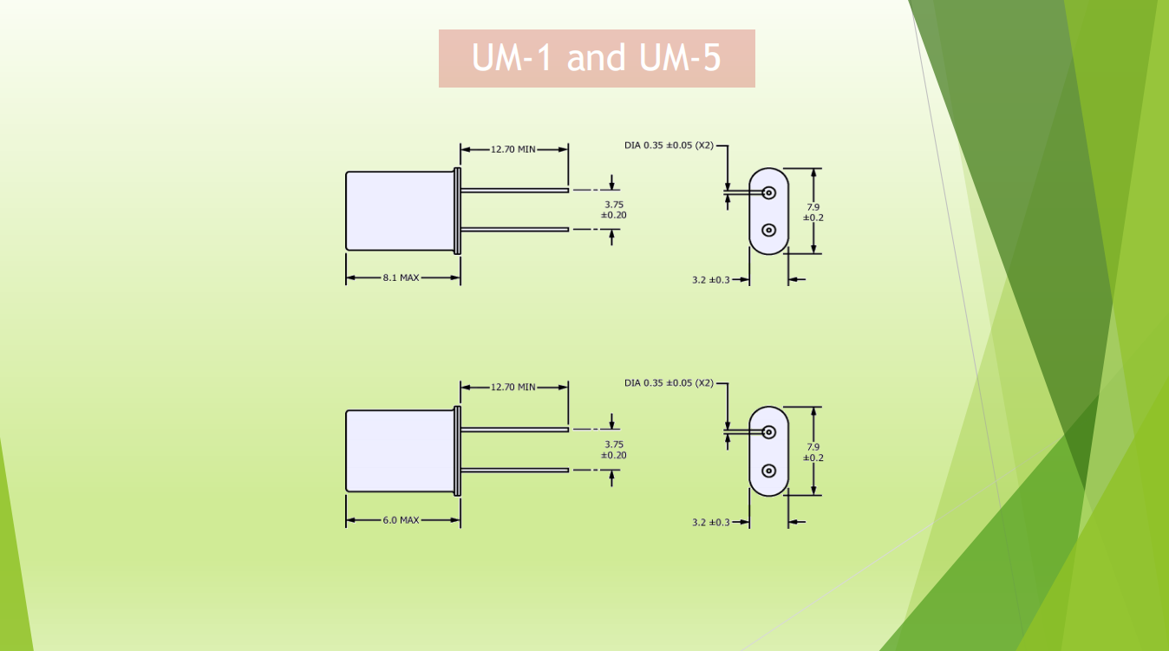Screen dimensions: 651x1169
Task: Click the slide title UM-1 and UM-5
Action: (x=597, y=58)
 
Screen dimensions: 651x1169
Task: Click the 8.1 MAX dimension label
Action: (x=401, y=278)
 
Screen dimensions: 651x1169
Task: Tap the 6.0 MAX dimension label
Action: (x=401, y=520)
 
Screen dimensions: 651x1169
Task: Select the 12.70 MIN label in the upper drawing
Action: (x=513, y=149)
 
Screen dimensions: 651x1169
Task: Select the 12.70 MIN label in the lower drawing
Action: (x=513, y=387)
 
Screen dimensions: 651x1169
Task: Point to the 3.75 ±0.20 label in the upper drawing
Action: (x=614, y=210)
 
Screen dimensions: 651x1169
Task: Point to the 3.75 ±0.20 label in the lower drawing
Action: (x=614, y=450)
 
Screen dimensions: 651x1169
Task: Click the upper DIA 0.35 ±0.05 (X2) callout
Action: (x=669, y=145)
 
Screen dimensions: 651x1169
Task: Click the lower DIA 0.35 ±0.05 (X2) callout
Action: (x=669, y=382)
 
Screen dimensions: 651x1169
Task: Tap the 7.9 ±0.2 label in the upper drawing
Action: (x=813, y=212)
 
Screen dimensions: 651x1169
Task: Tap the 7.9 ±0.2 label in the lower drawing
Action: (x=813, y=452)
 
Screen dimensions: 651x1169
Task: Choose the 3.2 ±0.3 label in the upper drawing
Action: (x=711, y=280)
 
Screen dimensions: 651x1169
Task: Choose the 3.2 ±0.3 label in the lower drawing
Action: (x=711, y=522)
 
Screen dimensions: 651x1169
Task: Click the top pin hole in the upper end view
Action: (x=768, y=192)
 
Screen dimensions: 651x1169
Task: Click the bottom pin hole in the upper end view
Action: (x=768, y=230)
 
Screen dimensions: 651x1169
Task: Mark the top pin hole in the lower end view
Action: (x=768, y=432)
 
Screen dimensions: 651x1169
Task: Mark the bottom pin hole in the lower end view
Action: (x=768, y=471)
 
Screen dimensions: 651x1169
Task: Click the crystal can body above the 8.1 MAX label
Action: (x=400, y=211)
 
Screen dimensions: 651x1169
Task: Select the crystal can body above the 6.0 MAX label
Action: (x=400, y=451)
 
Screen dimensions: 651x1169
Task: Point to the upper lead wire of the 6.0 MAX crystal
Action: (x=514, y=429)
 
